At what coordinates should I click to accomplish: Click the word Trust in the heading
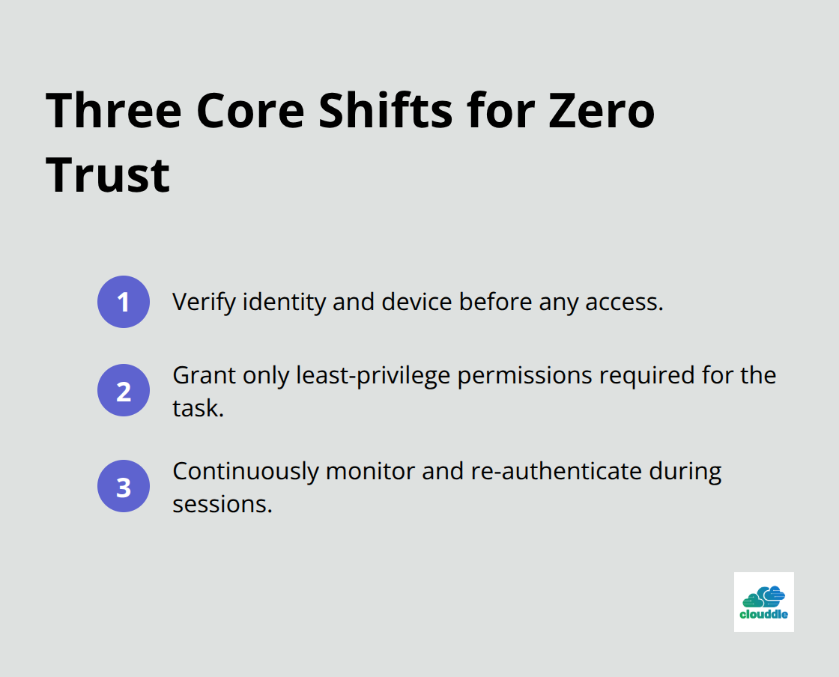coord(108,174)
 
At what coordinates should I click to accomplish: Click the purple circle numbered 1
coord(124,302)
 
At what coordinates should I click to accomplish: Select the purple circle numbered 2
coord(124,390)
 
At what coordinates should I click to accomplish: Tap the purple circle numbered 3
coord(124,486)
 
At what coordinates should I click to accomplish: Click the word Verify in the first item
coord(196,302)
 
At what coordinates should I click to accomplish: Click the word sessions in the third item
coord(221,504)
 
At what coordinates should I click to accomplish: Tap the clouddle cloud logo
coord(763,602)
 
